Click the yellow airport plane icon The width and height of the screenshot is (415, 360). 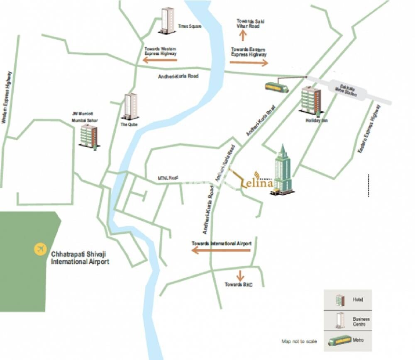click(x=40, y=249)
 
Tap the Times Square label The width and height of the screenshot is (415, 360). click(x=190, y=26)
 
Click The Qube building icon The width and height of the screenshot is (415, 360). click(x=130, y=106)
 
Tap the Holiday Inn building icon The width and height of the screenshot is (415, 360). click(x=311, y=100)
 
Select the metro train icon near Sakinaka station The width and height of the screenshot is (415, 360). click(x=277, y=87)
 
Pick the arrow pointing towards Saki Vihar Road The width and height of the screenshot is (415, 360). click(x=243, y=35)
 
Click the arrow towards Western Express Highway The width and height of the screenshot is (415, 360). click(x=160, y=60)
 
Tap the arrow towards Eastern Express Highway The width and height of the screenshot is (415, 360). click(x=249, y=63)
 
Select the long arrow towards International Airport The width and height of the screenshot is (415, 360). click(x=221, y=250)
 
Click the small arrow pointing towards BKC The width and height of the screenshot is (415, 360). click(x=239, y=275)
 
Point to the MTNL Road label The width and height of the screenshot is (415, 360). click(x=168, y=178)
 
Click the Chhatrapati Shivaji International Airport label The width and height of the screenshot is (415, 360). click(x=80, y=258)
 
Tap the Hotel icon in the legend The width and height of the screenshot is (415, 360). click(x=340, y=299)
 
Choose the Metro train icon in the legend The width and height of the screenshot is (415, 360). click(x=339, y=341)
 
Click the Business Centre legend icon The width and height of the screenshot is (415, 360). click(x=340, y=320)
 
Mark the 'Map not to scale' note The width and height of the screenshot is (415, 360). click(x=299, y=341)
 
